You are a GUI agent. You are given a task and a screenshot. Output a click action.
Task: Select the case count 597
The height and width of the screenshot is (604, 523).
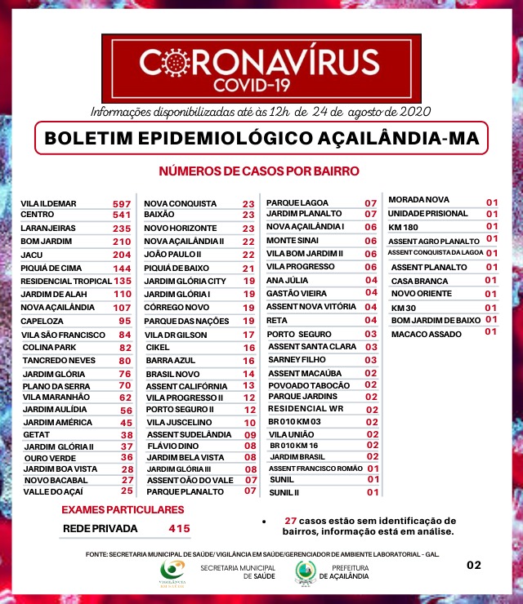coord(122,203)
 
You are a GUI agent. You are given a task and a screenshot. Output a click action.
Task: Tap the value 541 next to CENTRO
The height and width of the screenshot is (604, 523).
coord(122,215)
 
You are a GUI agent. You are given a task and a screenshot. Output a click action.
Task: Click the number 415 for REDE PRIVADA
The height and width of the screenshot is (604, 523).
coord(179,529)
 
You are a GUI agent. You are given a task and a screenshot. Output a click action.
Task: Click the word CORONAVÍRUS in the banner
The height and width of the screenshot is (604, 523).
coord(259,63)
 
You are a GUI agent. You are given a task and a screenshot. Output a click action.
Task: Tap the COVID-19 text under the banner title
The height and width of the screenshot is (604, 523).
coord(259,84)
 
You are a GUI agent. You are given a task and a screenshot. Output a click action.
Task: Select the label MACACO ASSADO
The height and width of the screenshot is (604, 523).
coord(426,332)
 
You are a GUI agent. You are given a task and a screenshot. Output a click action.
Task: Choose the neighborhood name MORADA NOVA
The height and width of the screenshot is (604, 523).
coord(418,200)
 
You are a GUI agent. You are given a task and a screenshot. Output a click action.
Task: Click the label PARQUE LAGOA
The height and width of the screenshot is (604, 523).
coord(297,202)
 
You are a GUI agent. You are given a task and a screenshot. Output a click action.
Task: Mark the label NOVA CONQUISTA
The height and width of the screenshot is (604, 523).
coord(181,203)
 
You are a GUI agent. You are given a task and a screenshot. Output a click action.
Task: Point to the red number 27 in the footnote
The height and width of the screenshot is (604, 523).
coord(290,521)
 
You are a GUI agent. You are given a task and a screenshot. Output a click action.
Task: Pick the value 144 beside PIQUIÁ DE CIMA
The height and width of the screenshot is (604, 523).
coord(122,269)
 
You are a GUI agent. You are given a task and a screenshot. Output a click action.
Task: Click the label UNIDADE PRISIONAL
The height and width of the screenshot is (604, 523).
coord(428,213)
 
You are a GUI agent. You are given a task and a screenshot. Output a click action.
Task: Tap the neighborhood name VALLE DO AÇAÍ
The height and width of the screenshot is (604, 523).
coord(55,491)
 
